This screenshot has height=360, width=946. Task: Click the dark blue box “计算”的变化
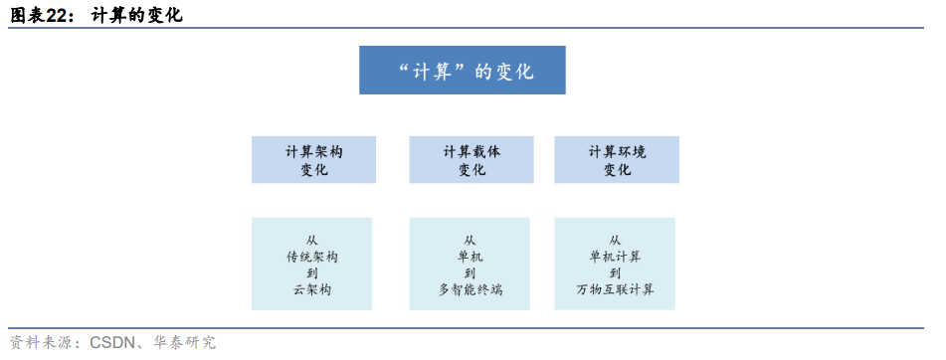point(463,71)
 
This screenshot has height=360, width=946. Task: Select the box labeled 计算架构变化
point(314,160)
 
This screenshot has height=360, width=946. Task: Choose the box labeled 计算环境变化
point(617,160)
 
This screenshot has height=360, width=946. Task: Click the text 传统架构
point(312,257)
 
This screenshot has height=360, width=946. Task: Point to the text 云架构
point(312,289)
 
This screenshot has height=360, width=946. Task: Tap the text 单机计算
point(615,257)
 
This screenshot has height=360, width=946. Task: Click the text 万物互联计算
point(615,289)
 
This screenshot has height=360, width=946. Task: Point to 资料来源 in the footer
point(38,343)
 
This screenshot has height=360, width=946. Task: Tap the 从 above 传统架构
point(312,240)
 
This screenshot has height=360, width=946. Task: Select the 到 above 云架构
point(312,272)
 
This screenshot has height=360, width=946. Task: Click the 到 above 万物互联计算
point(615,272)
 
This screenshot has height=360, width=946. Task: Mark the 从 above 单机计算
point(615,240)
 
